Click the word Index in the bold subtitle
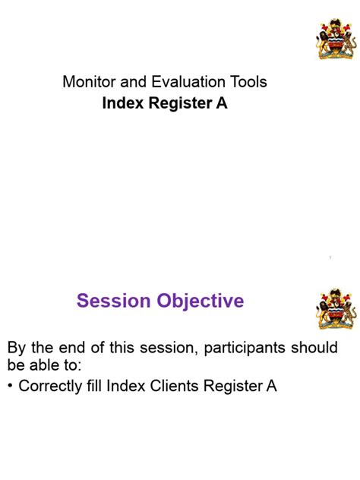click(119, 104)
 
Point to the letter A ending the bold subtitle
click(222, 104)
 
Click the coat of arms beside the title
click(335, 38)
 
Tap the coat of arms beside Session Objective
click(335, 308)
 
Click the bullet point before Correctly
click(10, 387)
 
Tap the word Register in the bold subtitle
click(177, 104)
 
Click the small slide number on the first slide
click(330, 259)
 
